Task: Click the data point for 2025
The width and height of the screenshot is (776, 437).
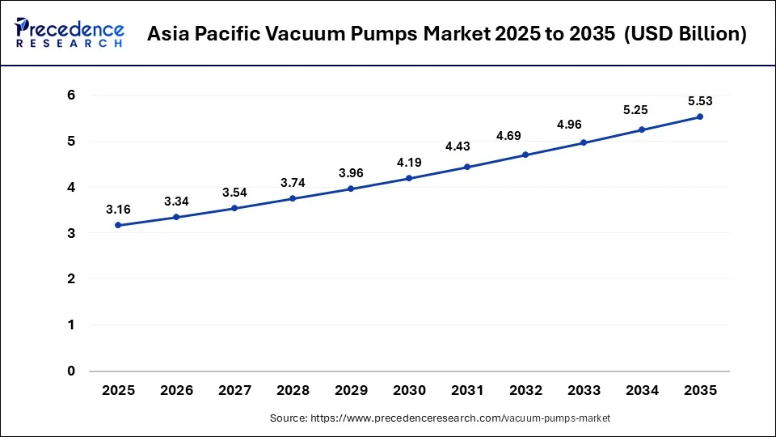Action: point(118,225)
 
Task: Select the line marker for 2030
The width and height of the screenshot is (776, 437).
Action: point(409,178)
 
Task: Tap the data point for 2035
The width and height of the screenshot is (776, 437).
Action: point(700,117)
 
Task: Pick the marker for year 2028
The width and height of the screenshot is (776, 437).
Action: point(293,198)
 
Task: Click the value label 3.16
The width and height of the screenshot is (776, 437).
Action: point(118,210)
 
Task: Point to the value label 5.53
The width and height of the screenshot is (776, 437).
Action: point(700,101)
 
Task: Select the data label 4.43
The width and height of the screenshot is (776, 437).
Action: point(467,146)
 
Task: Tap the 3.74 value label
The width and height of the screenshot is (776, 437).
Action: point(293,183)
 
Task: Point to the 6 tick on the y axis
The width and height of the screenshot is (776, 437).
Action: point(71,95)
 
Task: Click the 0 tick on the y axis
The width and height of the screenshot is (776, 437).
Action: point(71,371)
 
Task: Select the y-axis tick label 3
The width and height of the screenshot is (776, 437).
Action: point(71,233)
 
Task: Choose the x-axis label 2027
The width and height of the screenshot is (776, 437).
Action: point(234,390)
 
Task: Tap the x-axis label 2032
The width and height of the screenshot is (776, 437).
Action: point(525,390)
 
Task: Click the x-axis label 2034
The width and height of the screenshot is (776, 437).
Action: point(642,390)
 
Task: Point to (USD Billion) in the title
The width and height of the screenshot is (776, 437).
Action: point(676,35)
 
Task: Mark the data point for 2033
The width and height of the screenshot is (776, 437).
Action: point(584,142)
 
